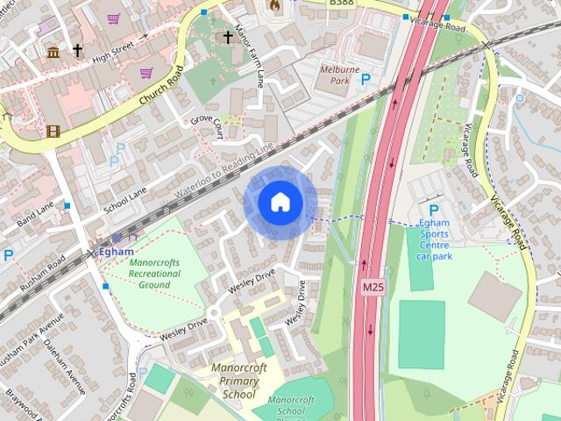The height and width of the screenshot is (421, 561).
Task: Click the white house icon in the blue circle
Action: (280, 203)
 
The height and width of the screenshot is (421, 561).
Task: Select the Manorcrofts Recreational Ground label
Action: (154, 273)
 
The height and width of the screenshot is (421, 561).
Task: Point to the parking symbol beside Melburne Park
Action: (366, 79)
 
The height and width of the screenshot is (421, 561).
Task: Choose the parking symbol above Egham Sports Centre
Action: (433, 210)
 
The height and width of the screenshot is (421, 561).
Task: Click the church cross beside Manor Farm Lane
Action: (228, 38)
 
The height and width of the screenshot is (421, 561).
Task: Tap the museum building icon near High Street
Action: (53, 52)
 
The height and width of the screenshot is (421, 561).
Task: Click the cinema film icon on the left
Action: (55, 132)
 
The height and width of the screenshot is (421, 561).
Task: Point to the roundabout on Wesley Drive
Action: (213, 312)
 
